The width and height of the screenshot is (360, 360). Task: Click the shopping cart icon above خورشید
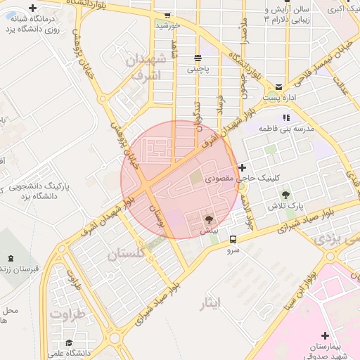pos(167,14)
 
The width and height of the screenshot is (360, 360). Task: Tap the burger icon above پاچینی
pos(198,58)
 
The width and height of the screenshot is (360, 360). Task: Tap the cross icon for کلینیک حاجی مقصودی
pos(243,167)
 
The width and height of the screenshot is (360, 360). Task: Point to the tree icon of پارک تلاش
pos(285,194)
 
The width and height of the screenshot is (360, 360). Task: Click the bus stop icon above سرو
pos(233,239)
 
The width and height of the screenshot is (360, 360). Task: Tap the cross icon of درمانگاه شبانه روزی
pos(32,8)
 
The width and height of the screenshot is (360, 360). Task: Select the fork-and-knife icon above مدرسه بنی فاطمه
pos(285,117)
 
